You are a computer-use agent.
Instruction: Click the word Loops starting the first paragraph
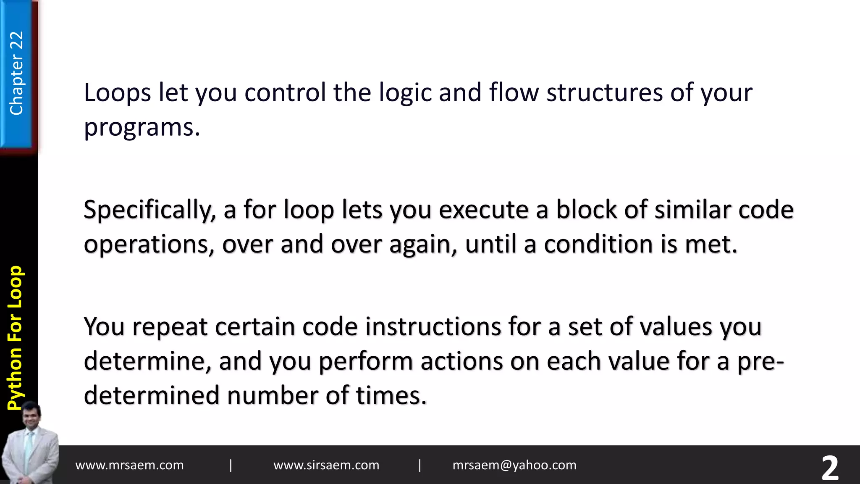click(x=117, y=93)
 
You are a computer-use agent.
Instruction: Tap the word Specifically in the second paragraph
click(x=149, y=210)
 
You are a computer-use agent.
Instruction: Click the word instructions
click(x=433, y=327)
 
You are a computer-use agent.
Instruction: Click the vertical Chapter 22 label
click(x=16, y=74)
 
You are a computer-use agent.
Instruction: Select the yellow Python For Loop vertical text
click(x=16, y=338)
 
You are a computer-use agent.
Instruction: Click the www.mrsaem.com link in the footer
click(x=129, y=465)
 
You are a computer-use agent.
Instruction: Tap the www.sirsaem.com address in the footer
click(x=326, y=465)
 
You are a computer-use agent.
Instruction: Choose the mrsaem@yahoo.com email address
click(x=514, y=465)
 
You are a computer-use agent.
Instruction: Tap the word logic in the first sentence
click(x=405, y=93)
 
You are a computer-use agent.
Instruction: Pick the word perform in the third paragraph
click(x=366, y=361)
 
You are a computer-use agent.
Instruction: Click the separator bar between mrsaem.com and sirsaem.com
click(x=231, y=465)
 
